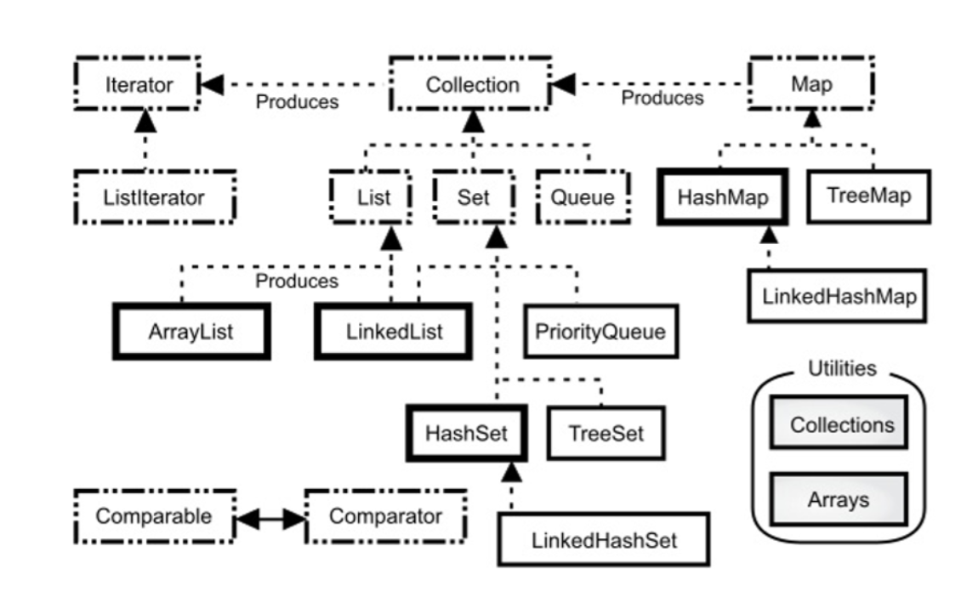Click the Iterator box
click(x=138, y=85)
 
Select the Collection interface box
click(x=472, y=85)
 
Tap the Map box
click(x=811, y=85)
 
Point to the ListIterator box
click(x=154, y=197)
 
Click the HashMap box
click(x=723, y=196)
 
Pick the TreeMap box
click(x=868, y=196)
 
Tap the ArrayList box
click(x=191, y=331)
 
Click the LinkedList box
click(x=392, y=331)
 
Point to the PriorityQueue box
click(x=600, y=331)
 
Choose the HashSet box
click(x=466, y=433)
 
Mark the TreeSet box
click(x=606, y=433)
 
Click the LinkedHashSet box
click(x=604, y=539)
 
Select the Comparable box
click(x=153, y=516)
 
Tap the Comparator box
click(x=385, y=516)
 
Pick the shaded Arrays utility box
click(x=839, y=499)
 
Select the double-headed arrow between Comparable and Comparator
click(x=270, y=517)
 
